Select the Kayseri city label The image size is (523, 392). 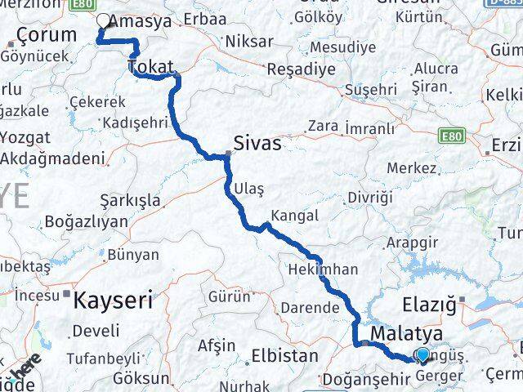coord(113,300)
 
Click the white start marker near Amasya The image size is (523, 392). coord(104,22)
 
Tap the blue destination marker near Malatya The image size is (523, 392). coord(422,354)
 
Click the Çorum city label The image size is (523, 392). coord(47,35)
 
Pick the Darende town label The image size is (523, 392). coord(309,308)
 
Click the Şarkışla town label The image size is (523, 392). coord(130,199)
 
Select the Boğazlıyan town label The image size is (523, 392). coord(87,221)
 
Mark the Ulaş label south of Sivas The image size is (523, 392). coord(249,189)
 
